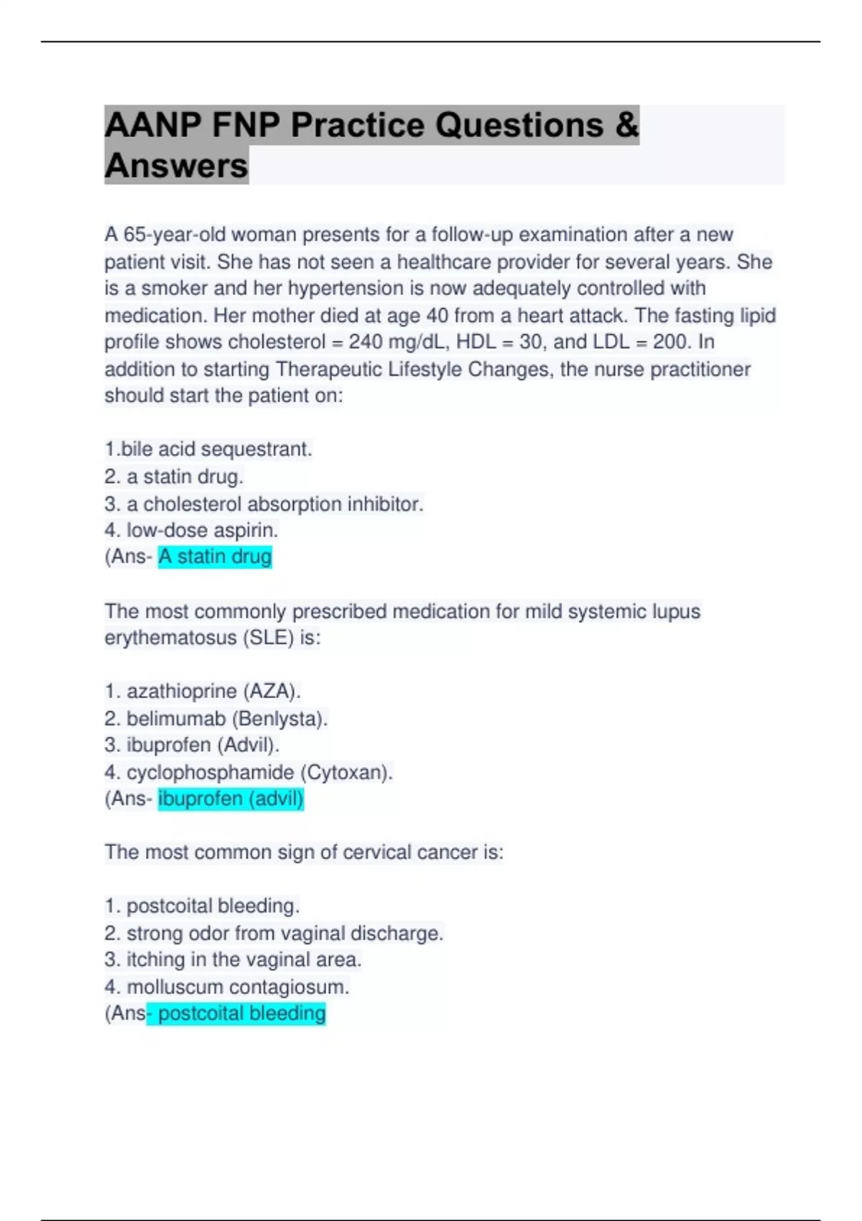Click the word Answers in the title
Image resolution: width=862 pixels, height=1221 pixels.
pos(176,166)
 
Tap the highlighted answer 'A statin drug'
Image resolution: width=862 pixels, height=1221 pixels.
pos(215,557)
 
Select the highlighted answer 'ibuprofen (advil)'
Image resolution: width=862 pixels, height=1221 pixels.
pos(231,799)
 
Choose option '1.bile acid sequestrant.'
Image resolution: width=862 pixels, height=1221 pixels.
pos(208,450)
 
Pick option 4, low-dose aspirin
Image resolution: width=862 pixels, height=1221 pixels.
pos(191,530)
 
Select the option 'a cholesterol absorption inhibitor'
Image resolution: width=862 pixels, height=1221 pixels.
pos(264,504)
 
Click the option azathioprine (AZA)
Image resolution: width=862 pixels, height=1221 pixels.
pos(203,691)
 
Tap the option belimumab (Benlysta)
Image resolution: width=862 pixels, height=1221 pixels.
pos(216,718)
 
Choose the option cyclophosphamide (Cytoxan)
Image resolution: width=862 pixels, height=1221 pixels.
pos(249,772)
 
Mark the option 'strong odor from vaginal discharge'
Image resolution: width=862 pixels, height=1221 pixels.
pos(274,933)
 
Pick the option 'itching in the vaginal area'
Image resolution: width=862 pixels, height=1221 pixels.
pos(233,960)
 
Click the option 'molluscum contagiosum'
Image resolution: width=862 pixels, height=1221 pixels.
pos(227,987)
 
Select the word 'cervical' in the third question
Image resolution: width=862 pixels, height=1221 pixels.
pos(376,853)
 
